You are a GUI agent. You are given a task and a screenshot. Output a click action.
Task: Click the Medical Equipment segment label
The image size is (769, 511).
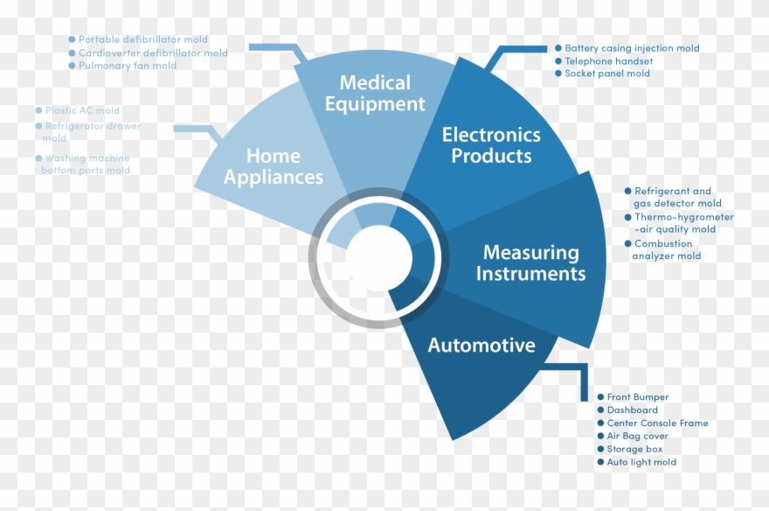(375, 94)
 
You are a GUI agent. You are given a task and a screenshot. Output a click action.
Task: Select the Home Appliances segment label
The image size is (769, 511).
(274, 166)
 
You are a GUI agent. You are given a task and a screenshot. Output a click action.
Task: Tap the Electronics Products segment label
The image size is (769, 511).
(491, 145)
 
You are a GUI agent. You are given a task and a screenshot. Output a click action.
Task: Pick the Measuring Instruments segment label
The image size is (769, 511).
(530, 263)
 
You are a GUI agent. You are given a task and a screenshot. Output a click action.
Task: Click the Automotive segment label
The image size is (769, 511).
(481, 346)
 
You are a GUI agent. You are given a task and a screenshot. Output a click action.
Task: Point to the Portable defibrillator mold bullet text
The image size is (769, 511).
(142, 39)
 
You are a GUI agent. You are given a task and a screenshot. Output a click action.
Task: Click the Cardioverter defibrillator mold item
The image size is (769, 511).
(153, 52)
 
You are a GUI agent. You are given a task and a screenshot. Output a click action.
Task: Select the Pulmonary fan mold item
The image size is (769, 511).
(127, 66)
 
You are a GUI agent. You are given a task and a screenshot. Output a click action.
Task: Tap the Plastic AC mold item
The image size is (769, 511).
(82, 111)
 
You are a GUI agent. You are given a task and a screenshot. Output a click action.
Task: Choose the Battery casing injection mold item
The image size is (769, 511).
(631, 48)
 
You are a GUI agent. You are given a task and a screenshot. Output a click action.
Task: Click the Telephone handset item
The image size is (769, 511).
(608, 61)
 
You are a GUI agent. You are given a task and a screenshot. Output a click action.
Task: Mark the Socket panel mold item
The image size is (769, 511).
(606, 74)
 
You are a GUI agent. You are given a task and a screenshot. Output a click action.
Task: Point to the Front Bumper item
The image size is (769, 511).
(637, 397)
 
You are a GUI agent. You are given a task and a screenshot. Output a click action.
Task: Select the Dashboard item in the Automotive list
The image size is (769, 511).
(632, 410)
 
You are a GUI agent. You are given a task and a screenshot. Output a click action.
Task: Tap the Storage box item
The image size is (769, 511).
(634, 449)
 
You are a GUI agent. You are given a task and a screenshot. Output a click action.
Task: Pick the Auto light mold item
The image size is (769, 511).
(641, 462)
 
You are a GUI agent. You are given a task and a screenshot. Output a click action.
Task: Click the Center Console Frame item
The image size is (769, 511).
(657, 423)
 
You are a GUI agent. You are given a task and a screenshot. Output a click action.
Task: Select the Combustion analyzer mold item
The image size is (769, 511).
(666, 250)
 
